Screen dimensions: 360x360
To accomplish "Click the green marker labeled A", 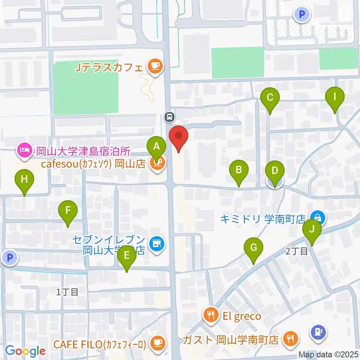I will (156, 147).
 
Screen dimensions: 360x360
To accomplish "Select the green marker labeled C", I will (270, 98).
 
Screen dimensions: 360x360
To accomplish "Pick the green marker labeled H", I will (24, 180).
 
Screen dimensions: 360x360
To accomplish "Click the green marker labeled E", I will (127, 256).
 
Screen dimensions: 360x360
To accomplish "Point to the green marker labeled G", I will (253, 248).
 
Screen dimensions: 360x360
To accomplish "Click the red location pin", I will (178, 136).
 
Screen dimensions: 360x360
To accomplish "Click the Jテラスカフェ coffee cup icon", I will (154, 67).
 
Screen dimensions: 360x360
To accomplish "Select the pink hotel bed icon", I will (24, 151).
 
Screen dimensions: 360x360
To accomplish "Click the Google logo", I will (25, 351).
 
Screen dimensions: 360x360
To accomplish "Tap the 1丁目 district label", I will (67, 292).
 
